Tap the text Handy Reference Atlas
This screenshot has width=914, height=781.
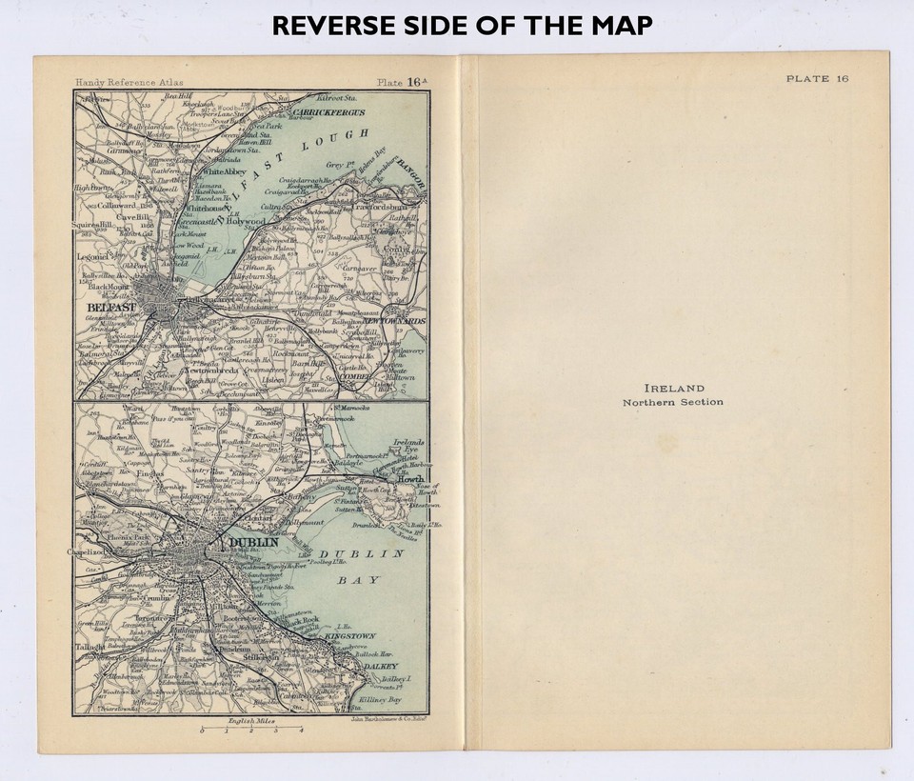coord(123,83)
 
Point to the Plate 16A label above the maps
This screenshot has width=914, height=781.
coord(401,83)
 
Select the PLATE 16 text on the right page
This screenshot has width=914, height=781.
coord(817,78)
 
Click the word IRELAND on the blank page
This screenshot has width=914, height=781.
coord(674,389)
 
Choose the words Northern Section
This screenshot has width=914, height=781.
coord(673,402)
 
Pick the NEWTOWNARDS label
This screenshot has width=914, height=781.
coord(393,322)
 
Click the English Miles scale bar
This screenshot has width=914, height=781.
coord(251,731)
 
